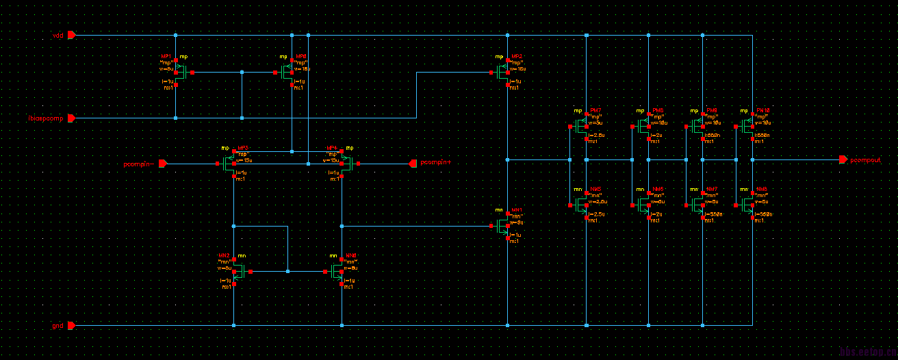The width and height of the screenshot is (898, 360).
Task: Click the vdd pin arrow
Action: coord(71,35)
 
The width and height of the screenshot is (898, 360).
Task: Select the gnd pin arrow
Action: coord(71,326)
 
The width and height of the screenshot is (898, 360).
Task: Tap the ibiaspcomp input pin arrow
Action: coord(71,118)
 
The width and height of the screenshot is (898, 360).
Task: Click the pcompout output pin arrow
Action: coord(843,159)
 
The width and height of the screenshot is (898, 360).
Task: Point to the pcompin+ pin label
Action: coord(436,163)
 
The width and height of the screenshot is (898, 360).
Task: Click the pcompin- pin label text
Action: coord(140,164)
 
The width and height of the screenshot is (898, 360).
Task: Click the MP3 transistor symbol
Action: coord(230,164)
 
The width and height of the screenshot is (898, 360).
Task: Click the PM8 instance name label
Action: coord(658,111)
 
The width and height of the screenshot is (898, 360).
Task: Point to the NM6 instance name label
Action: coord(658,189)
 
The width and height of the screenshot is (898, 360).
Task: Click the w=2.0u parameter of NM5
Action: coord(598,202)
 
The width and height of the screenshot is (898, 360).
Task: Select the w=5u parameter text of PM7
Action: coord(595,123)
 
